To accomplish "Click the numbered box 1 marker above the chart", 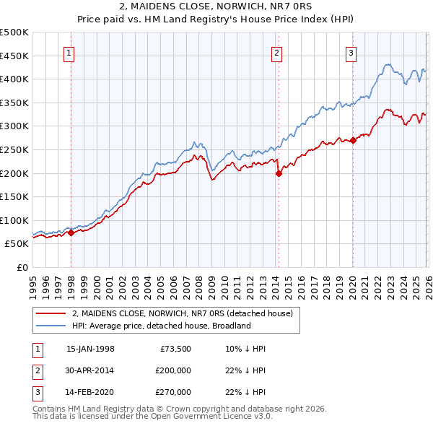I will point(70,52).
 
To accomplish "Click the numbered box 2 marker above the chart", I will point(277,52).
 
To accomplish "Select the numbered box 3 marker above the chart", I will point(351,52).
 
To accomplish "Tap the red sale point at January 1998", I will point(71,232).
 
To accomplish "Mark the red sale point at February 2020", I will point(353,141).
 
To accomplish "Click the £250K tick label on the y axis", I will point(14,149).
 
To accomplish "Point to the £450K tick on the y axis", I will point(14,56).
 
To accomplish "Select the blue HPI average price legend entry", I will point(160,326).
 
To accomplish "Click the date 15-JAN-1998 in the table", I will point(90,349).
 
